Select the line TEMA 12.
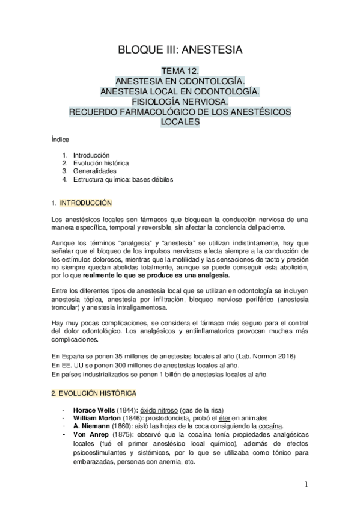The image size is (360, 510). click(x=180, y=70)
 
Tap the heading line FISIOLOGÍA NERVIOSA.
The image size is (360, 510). click(x=180, y=101)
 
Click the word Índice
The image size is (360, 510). click(x=61, y=139)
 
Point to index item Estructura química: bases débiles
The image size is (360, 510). click(x=123, y=179)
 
